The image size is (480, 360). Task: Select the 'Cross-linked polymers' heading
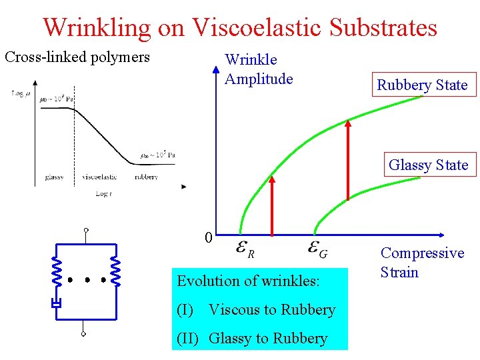click(x=77, y=57)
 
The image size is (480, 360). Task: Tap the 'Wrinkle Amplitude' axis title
click(x=259, y=70)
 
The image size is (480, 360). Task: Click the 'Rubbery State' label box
click(x=422, y=85)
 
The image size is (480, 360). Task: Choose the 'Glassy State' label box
click(x=428, y=165)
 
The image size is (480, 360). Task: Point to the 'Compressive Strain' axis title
click(x=421, y=263)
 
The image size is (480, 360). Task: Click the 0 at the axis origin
click(x=208, y=238)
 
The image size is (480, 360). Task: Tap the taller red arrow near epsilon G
click(x=348, y=160)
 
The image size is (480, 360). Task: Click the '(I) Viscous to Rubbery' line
click(x=256, y=309)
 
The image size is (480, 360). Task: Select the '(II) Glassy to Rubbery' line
click(x=252, y=338)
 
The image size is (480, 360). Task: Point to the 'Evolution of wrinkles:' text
click(x=248, y=281)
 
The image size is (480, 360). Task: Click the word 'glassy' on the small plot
click(x=55, y=177)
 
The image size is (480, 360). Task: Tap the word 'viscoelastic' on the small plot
click(x=99, y=177)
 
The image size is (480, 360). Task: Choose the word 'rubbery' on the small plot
click(x=146, y=177)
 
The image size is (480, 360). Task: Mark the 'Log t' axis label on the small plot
click(x=103, y=193)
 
